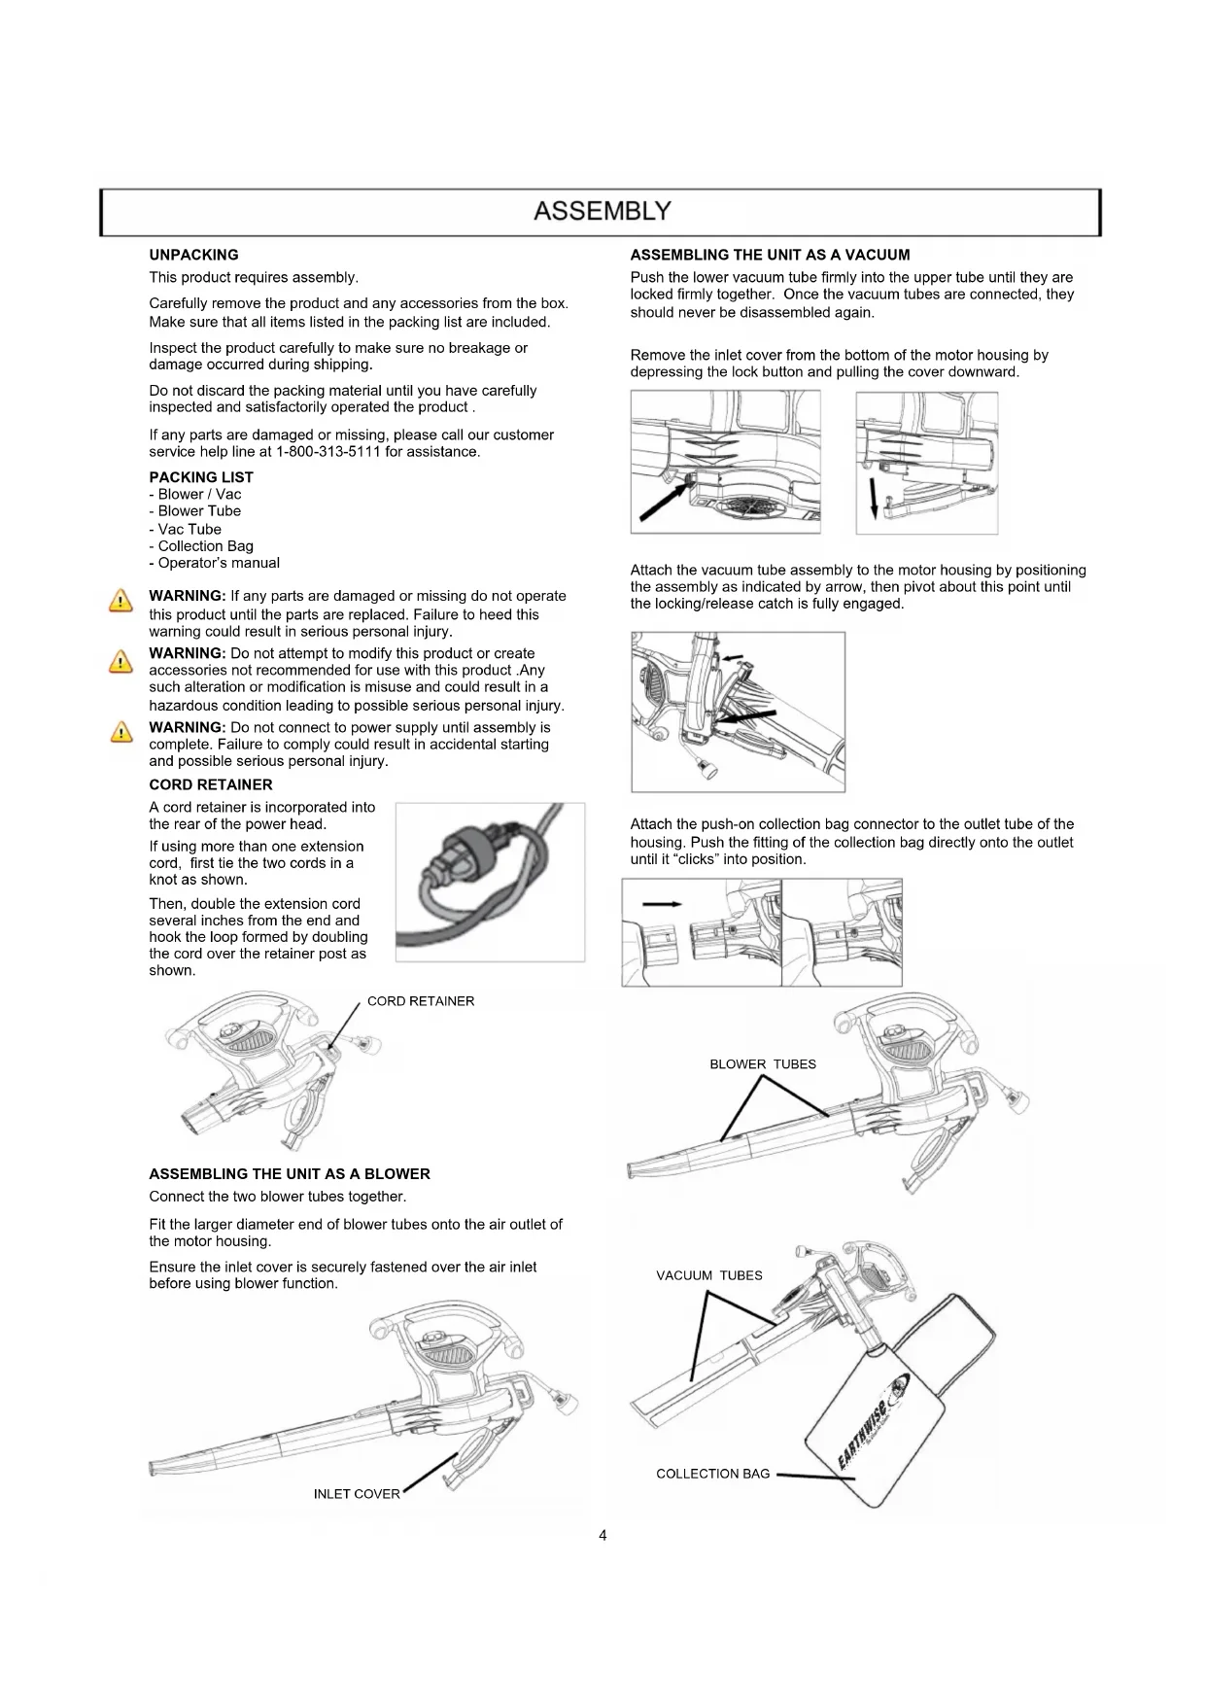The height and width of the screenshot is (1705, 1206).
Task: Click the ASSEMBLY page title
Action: (x=603, y=211)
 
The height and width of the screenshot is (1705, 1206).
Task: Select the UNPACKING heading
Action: (x=193, y=255)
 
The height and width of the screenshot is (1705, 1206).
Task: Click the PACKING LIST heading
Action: (x=201, y=477)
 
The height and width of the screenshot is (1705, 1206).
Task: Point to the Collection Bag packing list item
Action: (x=201, y=546)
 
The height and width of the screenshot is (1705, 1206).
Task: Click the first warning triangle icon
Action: (x=121, y=602)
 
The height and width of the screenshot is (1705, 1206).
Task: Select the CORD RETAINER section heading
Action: (x=211, y=784)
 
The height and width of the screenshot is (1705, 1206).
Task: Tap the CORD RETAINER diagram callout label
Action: (x=421, y=1001)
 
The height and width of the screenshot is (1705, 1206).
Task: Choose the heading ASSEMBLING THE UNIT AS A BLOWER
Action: (x=290, y=1174)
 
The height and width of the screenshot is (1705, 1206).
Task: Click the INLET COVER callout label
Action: (x=357, y=1494)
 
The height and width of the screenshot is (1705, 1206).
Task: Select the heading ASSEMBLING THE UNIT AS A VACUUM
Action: (x=770, y=255)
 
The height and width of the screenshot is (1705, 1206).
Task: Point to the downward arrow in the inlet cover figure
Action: (x=873, y=496)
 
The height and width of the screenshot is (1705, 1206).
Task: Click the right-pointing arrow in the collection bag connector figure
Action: (x=662, y=904)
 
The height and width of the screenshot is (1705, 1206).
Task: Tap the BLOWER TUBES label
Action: (x=763, y=1064)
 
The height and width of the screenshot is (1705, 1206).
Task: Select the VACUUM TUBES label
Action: (x=709, y=1275)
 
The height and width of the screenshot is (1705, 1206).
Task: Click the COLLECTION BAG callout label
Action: (x=712, y=1474)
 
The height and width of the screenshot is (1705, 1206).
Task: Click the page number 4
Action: (x=603, y=1536)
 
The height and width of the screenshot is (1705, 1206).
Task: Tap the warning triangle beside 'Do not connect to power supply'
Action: (x=121, y=733)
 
